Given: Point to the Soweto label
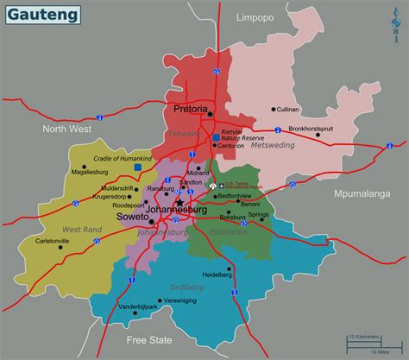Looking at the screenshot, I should (x=135, y=218).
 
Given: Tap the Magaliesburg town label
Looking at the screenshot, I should (x=89, y=172).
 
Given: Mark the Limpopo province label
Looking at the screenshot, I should (x=255, y=16).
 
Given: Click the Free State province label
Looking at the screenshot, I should (x=148, y=339).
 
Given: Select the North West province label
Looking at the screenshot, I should (x=66, y=129).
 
